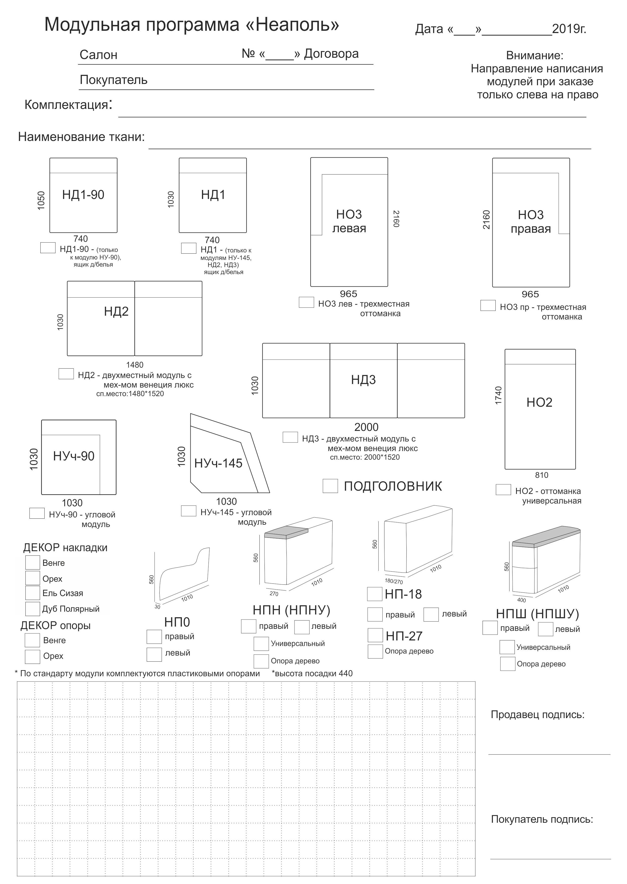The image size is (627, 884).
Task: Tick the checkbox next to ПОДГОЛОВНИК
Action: (330, 486)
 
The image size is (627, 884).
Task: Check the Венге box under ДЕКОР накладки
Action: (33, 563)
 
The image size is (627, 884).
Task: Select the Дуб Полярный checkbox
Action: (33, 609)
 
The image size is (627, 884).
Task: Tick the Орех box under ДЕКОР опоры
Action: (33, 656)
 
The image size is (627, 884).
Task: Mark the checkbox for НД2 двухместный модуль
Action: (66, 374)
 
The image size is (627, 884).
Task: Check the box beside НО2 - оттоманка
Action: (503, 489)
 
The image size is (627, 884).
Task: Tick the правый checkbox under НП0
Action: (154, 637)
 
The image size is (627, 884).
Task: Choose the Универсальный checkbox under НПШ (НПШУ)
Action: (507, 647)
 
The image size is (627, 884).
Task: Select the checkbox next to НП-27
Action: (375, 635)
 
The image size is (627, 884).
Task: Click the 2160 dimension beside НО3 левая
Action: (396, 219)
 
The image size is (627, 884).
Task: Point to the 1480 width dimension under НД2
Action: (134, 365)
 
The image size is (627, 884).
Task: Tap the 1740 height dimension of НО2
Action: (498, 395)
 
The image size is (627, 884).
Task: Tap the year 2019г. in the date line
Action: (569, 29)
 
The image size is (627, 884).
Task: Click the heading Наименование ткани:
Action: (81, 137)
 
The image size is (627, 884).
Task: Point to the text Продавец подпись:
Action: (538, 715)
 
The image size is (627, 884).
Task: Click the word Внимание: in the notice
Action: (535, 55)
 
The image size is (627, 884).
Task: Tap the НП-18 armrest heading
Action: (403, 594)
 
